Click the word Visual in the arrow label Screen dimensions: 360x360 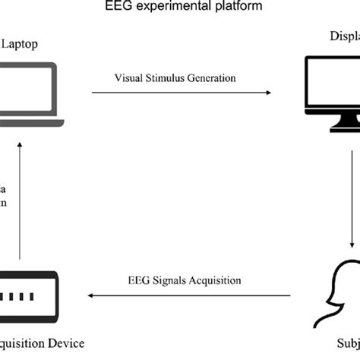coord(128,78)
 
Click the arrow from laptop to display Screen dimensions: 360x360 coord(182,93)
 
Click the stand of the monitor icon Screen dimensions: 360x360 coord(335,122)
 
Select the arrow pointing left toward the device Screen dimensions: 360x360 coord(189,295)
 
